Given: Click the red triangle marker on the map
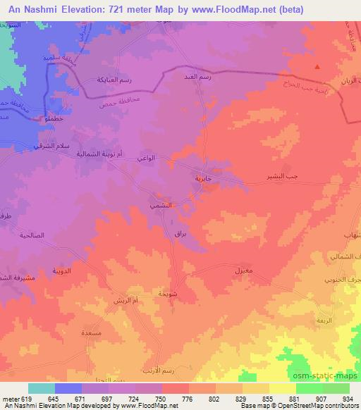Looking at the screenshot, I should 317,68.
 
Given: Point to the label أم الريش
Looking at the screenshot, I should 125,302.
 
